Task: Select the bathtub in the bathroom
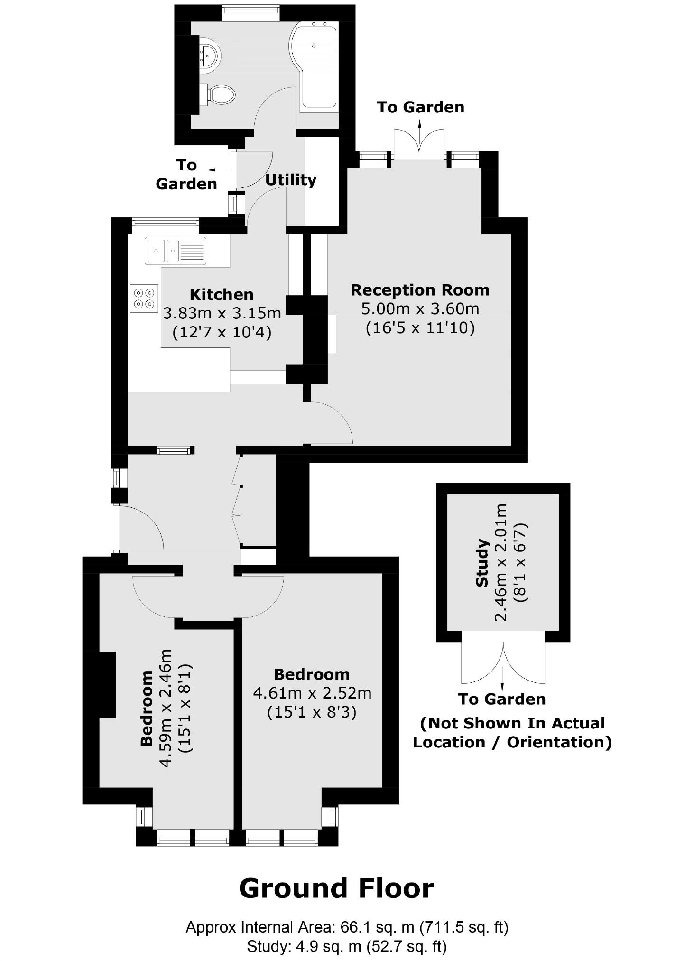[317, 66]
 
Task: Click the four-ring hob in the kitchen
[144, 298]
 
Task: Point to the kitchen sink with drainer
[176, 250]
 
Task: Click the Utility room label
[290, 180]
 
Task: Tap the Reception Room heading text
[419, 289]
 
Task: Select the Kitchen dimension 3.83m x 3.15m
[222, 313]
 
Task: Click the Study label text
[482, 563]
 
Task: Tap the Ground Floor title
[336, 888]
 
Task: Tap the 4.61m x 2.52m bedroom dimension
[312, 693]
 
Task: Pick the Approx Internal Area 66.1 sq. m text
[346, 927]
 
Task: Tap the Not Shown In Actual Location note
[512, 732]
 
